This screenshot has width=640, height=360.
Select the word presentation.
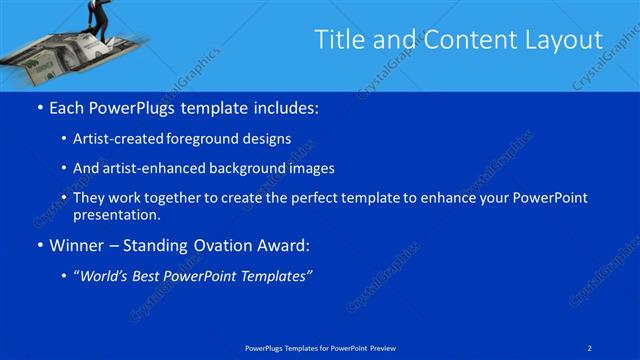116,214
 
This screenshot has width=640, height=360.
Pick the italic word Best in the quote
150,276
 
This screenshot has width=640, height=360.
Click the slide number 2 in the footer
591,347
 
